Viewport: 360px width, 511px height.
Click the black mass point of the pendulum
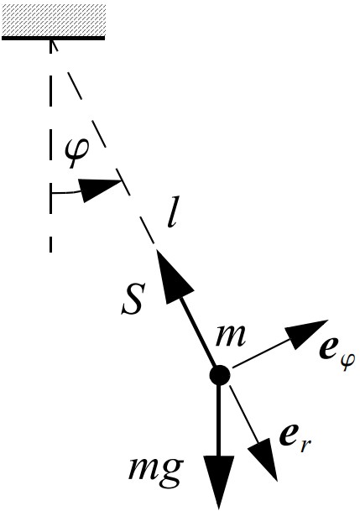[x=220, y=375]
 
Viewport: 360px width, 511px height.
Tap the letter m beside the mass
[x=230, y=336]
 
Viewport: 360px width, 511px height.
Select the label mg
[x=155, y=470]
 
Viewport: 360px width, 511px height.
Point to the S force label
[x=132, y=300]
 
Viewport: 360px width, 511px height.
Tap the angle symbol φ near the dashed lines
[x=77, y=154]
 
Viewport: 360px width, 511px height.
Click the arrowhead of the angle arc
[x=97, y=189]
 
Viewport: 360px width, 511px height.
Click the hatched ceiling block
[x=54, y=19]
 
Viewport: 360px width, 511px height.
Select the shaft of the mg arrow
[x=219, y=420]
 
